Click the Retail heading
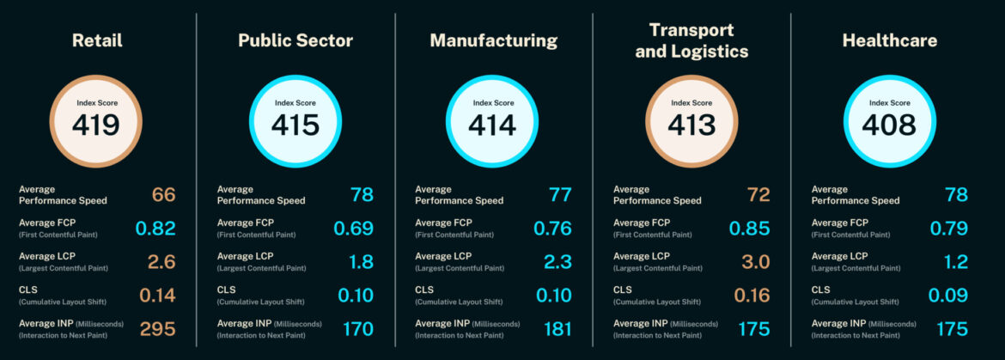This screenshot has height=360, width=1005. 97,40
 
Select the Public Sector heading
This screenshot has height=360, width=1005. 295,40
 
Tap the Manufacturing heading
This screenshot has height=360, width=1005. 494,40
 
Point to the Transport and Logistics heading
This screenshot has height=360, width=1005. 691,41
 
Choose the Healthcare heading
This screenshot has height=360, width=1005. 890,40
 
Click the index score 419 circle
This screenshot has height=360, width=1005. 96,120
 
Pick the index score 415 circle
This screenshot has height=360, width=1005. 295,120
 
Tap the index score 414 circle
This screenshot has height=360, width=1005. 493,120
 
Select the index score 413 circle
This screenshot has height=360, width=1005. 691,120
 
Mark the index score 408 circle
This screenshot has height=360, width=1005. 890,120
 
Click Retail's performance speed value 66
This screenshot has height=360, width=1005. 163,195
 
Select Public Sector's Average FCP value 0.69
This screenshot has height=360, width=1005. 354,229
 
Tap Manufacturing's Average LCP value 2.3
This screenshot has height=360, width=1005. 556,262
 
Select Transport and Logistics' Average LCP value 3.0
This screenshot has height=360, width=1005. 752,262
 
